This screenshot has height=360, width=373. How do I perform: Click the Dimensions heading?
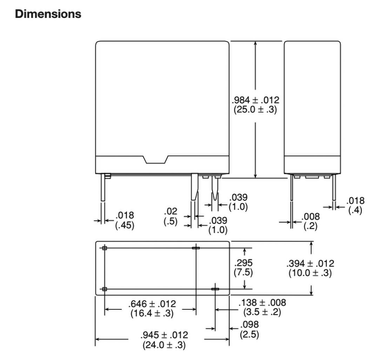coord(48,14)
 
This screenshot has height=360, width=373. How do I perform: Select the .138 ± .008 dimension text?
coord(262,302)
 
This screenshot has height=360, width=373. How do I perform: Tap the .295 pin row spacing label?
coord(244,263)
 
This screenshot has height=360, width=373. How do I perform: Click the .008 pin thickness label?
coord(311,217)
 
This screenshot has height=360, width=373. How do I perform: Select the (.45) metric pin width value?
coord(125,225)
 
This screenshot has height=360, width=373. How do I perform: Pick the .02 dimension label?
coord(172,212)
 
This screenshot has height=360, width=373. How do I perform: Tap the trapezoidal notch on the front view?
coord(155,160)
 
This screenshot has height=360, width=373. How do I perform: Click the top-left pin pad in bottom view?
coord(105,248)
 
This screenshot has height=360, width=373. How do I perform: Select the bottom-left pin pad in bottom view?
coord(105,289)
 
